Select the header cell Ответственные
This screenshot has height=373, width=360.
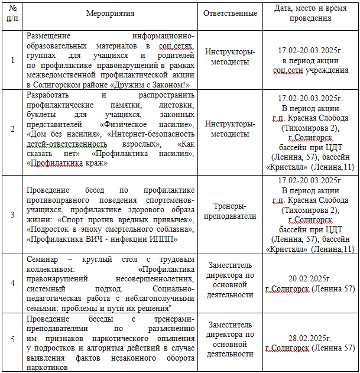click(231, 13)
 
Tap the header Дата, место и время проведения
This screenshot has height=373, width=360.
click(310, 13)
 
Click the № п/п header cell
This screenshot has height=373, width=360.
click(12, 13)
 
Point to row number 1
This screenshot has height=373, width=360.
click(12, 60)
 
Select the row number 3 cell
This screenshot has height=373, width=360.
click(12, 215)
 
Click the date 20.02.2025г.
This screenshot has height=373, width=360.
click(310, 278)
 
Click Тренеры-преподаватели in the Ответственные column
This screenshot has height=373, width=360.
click(231, 210)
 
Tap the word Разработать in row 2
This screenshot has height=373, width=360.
click(48, 95)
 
